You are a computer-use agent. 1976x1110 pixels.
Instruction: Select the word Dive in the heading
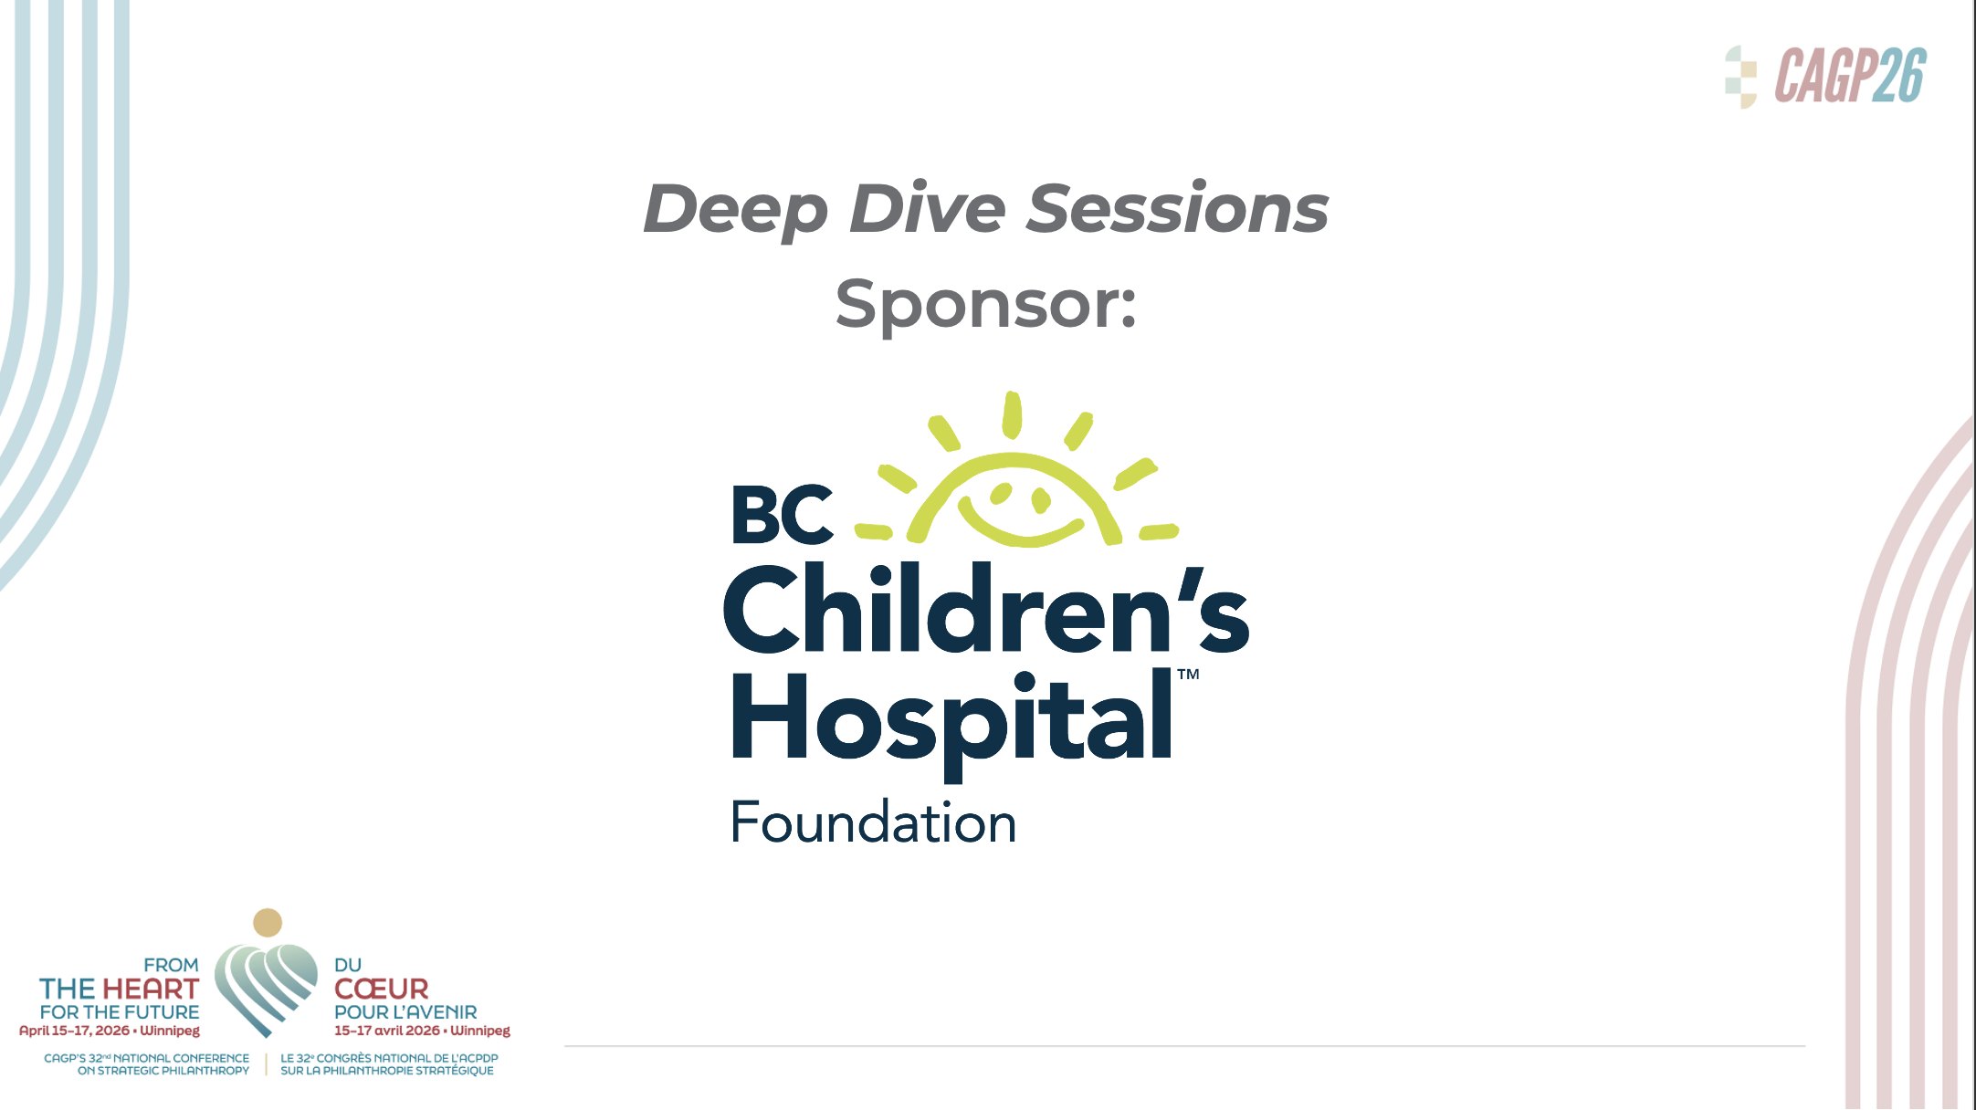click(927, 208)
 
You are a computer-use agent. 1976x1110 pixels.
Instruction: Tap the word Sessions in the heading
click(1178, 208)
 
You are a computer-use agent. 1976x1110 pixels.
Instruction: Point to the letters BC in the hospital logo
click(783, 515)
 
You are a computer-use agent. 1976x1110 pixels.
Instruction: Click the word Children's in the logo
click(986, 609)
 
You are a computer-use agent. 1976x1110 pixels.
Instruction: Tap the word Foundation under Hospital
click(873, 822)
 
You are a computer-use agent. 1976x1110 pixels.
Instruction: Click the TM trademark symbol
click(1188, 675)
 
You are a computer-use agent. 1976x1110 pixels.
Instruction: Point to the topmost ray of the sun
click(1012, 415)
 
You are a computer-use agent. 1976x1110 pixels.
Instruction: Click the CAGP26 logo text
click(1850, 76)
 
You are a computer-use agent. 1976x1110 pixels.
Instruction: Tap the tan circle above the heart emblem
click(268, 923)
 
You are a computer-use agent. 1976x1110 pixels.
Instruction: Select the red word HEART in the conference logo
click(151, 989)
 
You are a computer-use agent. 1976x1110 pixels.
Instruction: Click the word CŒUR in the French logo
click(381, 989)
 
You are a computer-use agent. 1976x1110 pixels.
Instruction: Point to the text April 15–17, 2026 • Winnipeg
click(110, 1031)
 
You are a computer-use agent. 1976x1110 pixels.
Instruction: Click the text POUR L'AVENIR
click(405, 1012)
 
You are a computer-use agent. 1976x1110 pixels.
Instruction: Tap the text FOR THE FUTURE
click(120, 1012)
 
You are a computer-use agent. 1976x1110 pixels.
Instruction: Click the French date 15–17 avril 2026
click(387, 1031)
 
